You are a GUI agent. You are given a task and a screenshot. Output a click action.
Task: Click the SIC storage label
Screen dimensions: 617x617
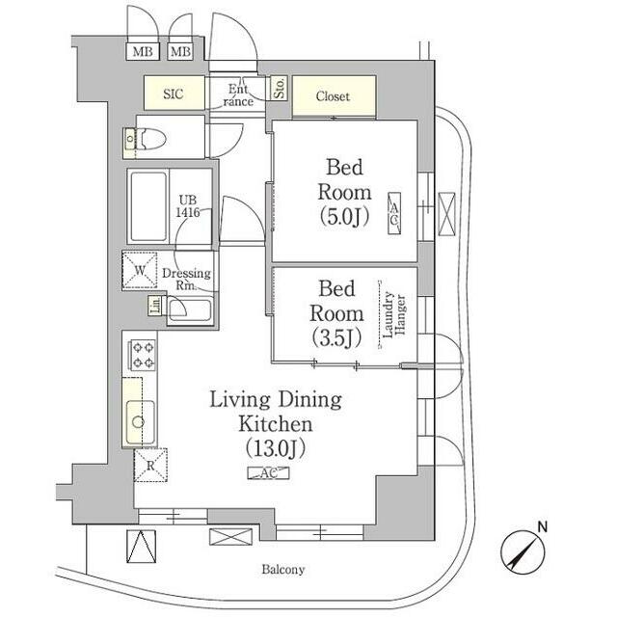pos(174,94)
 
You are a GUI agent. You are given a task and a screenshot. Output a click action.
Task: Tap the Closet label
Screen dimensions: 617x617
pos(333,96)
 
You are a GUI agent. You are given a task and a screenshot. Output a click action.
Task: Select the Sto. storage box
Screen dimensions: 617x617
pos(279,88)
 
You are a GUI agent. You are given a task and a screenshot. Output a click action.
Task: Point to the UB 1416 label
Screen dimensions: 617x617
pos(188,206)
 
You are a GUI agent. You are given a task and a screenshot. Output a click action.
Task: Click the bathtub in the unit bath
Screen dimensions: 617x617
pos(148,207)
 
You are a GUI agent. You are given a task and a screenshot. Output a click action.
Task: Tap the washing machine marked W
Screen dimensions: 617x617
pos(140,270)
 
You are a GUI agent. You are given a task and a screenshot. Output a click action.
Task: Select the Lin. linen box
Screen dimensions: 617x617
pos(155,306)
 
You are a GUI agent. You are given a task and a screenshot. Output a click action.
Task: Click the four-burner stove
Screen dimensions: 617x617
pos(143,355)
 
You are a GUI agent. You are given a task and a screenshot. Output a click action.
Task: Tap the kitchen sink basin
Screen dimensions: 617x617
pos(140,421)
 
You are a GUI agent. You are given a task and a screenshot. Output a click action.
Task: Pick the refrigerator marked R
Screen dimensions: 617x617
pos(150,465)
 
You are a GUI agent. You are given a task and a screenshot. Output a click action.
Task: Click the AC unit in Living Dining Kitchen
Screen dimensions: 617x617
pos(268,473)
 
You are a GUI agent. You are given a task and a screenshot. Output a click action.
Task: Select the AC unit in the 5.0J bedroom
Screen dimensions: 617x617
pos(394,214)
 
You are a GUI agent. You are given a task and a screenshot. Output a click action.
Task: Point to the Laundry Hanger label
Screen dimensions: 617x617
pos(394,314)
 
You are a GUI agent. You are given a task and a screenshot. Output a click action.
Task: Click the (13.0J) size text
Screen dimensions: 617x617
pos(275,448)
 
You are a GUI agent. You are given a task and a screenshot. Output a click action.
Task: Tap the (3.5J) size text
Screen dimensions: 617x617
pos(336,337)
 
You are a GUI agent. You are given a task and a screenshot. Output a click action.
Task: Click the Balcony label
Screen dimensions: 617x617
pos(283,570)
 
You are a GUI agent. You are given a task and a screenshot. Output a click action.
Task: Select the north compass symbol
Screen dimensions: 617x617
pos(523,550)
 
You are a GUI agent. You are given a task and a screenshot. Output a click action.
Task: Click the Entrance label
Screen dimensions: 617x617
pos(238,95)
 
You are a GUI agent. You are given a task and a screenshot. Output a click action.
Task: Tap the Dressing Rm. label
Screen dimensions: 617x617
pos(186,279)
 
